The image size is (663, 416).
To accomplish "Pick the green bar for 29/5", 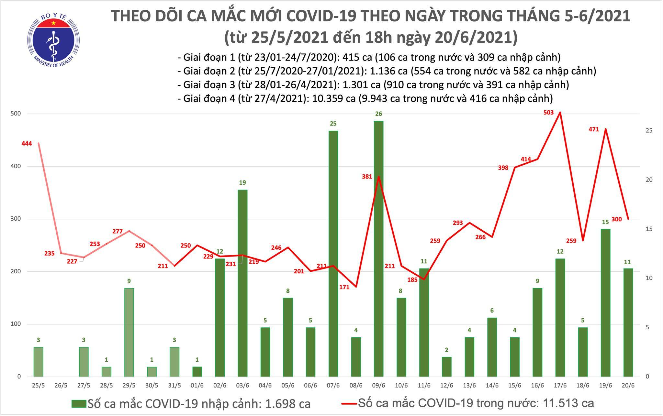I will tap(129, 332).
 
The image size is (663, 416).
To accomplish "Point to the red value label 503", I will tap(548, 113).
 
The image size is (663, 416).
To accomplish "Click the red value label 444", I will tap(27, 144).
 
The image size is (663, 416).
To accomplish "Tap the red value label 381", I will tap(367, 177).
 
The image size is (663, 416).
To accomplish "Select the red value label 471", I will tap(594, 130).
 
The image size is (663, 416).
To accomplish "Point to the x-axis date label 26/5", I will tap(61, 386).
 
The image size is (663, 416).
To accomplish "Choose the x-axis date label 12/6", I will tap(446, 386).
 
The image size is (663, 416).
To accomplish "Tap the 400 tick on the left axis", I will tap(17, 166).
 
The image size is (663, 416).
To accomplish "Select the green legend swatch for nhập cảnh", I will tap(79, 403).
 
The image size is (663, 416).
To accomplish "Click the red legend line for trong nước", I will tap(349, 403).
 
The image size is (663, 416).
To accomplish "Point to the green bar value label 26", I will tap(378, 114).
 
